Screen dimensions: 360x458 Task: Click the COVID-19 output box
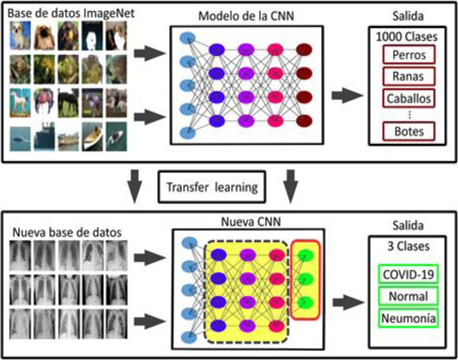point(408,276)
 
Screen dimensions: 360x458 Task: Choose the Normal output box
point(408,297)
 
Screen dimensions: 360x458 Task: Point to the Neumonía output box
point(408,319)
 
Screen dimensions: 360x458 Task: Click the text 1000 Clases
point(406,37)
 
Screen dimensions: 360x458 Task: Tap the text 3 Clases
point(408,247)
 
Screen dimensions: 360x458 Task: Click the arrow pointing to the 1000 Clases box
point(347,96)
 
